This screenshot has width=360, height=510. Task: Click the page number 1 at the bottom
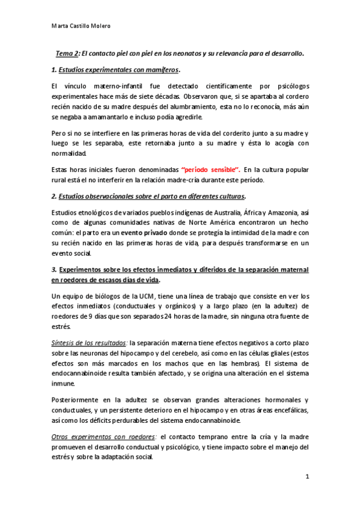[x=307, y=478]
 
